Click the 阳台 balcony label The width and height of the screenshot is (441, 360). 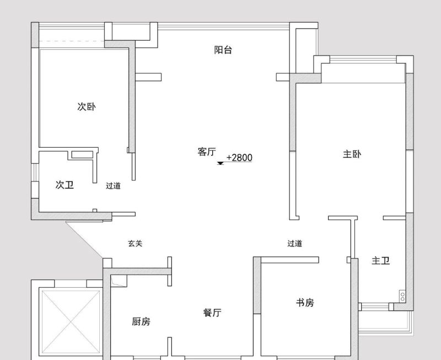[223, 50]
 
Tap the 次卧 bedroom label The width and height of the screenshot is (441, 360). [86, 107]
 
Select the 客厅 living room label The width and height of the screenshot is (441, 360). [206, 152]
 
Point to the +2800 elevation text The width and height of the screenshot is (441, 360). [239, 158]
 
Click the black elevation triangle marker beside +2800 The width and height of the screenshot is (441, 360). [220, 163]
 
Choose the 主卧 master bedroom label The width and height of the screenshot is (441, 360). [352, 154]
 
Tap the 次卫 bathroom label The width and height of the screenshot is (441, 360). [64, 185]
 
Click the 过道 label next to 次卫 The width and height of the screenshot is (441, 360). [113, 186]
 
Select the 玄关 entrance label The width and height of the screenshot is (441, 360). [135, 243]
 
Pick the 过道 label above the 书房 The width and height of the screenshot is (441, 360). [294, 243]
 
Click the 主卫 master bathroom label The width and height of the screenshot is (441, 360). [380, 261]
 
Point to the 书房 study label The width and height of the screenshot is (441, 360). [305, 303]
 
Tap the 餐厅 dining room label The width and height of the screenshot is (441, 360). [212, 313]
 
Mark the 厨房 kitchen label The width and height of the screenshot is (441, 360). [141, 321]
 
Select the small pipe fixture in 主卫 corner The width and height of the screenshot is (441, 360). [402, 297]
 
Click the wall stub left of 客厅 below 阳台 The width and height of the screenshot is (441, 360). [148, 77]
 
